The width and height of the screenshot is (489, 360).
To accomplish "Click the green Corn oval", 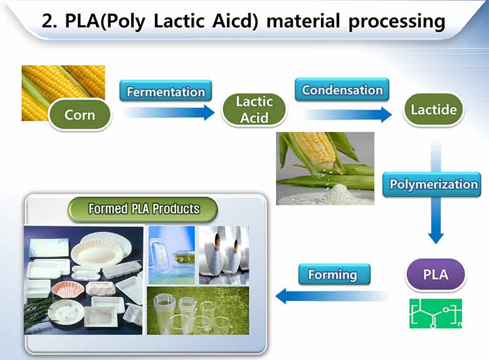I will pos(80,115).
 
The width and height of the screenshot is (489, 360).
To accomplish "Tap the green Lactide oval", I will pos(433,110).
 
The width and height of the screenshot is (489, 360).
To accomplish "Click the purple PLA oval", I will pos(436,275).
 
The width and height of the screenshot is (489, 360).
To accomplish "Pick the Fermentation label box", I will pos(166,92).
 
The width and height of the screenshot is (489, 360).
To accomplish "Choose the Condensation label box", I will pos(342,90).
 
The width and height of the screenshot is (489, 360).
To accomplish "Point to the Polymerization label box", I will pos(434,184).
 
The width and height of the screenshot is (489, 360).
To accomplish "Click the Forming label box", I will pos(332,274).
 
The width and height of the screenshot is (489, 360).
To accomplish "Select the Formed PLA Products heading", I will pos(144,209).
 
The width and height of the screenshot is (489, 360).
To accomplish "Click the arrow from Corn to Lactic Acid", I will pos(169,113).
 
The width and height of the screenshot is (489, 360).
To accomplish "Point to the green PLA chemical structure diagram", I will pos(436,314).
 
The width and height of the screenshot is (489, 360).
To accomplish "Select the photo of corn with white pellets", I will pos(325,168).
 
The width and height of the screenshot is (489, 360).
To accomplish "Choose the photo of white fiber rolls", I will pos(224,255).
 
